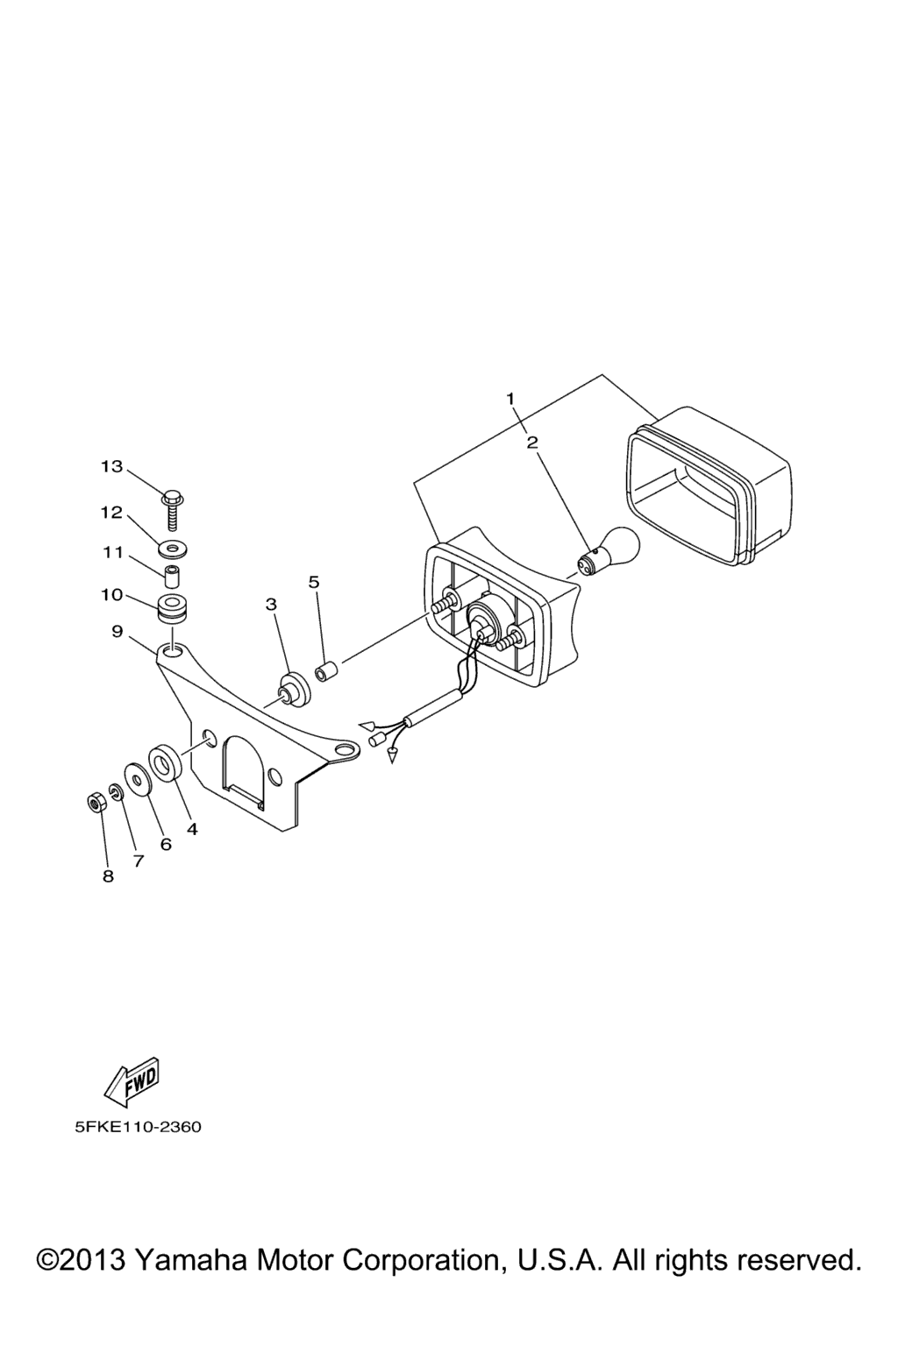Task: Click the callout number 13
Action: click(111, 466)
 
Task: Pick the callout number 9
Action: click(117, 632)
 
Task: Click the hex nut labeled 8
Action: click(96, 801)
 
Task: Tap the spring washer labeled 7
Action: click(117, 792)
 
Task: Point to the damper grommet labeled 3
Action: click(294, 690)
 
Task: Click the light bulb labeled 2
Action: click(608, 549)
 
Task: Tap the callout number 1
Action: click(510, 399)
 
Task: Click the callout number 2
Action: click(531, 443)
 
